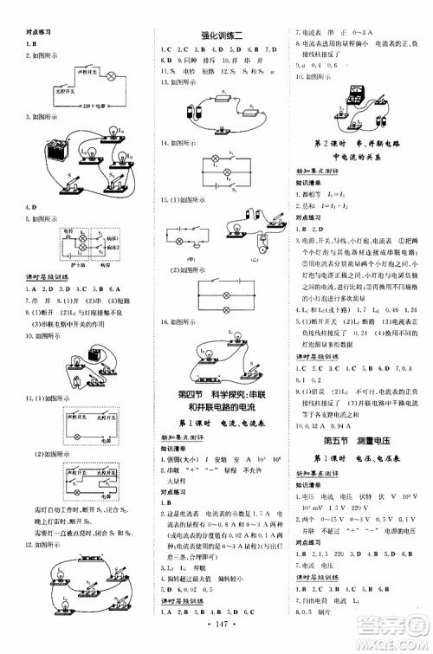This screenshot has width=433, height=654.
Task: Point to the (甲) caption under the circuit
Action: pos(191,257)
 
